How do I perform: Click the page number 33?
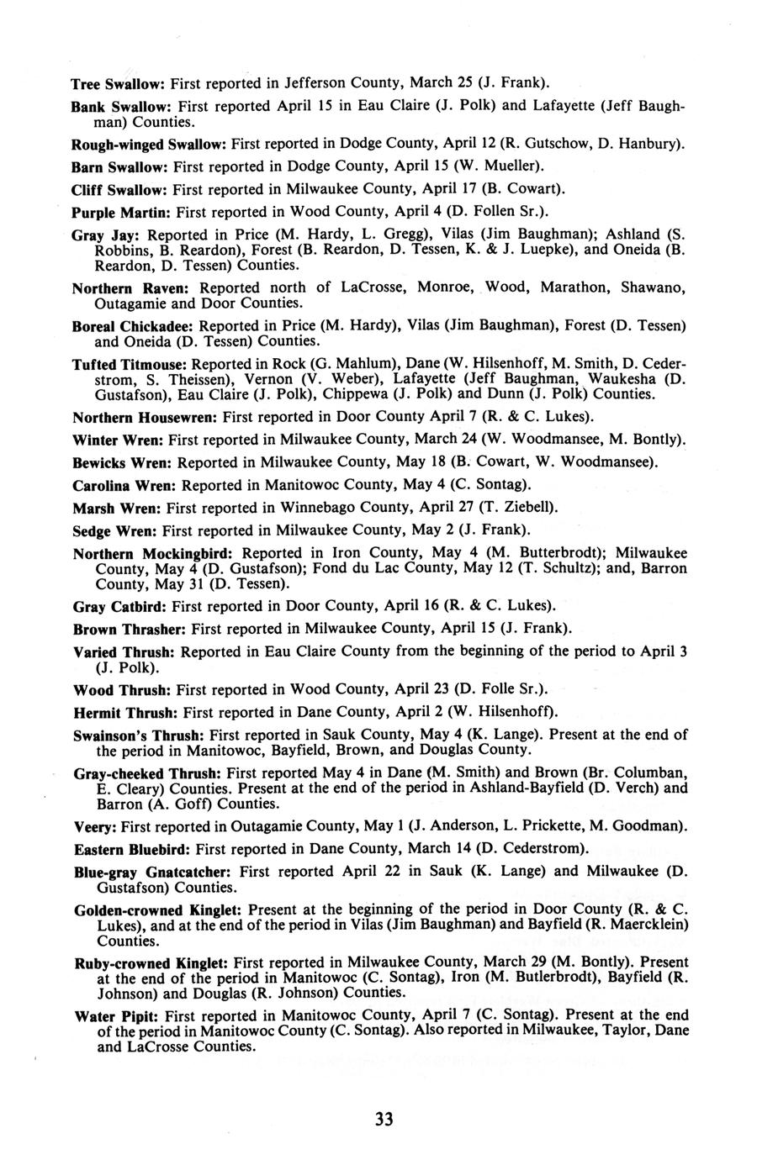pyautogui.click(x=384, y=1119)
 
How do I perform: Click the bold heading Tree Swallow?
pyautogui.click(x=118, y=84)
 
